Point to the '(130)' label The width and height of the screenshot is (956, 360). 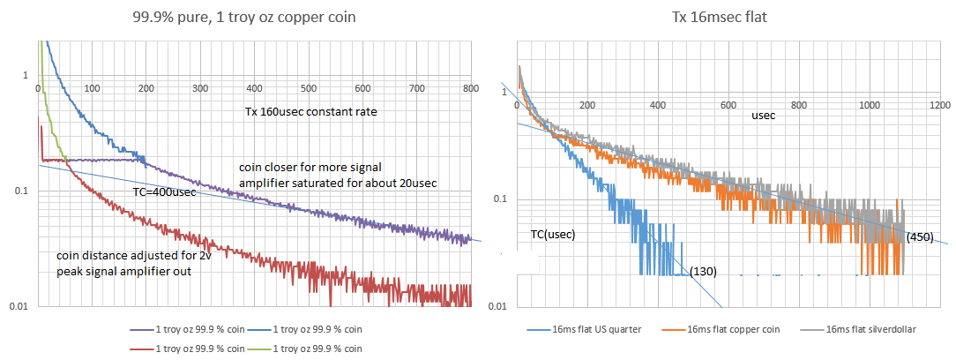coord(704,270)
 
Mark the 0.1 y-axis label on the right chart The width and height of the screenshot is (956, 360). coord(499,199)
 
